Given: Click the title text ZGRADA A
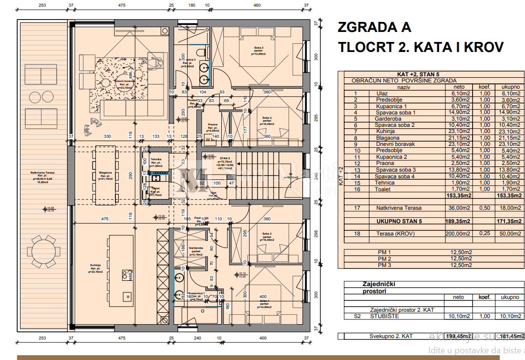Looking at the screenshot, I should [x=374, y=27].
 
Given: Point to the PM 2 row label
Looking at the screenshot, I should [x=384, y=258].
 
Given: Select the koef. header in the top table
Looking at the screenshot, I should [x=485, y=87].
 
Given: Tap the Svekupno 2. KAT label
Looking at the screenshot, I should [x=391, y=336].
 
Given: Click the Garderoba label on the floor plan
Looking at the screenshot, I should [x=196, y=249].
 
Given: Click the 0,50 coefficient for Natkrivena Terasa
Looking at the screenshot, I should [x=485, y=208].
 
